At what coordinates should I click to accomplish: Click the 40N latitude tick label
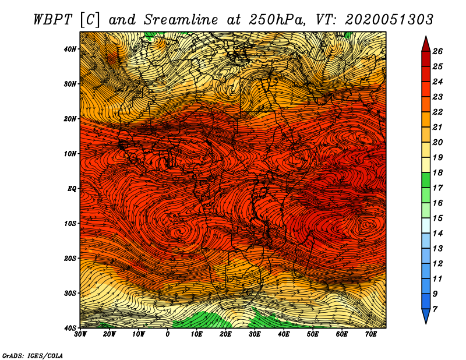[x=70, y=49]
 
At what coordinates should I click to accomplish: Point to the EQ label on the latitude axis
[x=72, y=189]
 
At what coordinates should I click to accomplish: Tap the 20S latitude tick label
[x=70, y=258]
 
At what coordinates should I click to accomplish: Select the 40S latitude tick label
[x=70, y=328]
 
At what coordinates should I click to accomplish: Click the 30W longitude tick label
[x=80, y=334]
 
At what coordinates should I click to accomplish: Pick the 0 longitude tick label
[x=168, y=334]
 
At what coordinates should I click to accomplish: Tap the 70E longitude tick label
[x=371, y=334]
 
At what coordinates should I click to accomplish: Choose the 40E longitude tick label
[x=284, y=334]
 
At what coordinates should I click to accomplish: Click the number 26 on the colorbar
[x=437, y=51]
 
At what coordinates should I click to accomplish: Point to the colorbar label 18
[x=437, y=172]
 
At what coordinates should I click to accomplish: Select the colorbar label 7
[x=435, y=309]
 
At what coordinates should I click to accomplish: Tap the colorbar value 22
[x=437, y=112]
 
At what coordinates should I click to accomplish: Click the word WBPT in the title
[x=53, y=20]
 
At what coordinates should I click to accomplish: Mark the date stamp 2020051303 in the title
[x=389, y=20]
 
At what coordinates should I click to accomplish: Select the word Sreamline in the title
[x=181, y=20]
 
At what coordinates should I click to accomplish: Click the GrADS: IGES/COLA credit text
[x=33, y=356]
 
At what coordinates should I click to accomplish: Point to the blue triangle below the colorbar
[x=426, y=315]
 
